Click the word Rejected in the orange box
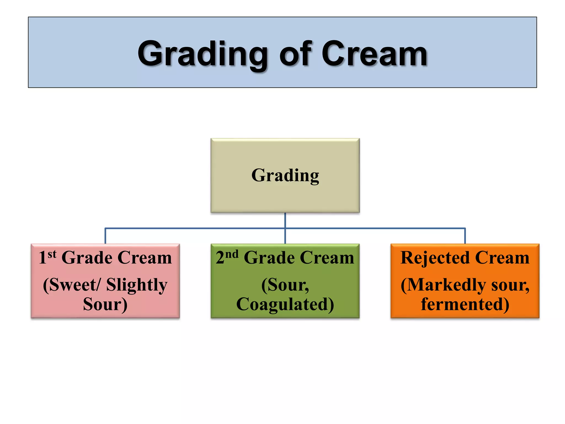pos(435,258)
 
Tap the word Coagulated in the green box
pos(285,304)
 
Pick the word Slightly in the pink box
pos(137,285)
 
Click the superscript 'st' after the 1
pos(52,254)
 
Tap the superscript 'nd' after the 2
pos(232,254)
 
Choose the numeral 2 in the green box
pos(220,258)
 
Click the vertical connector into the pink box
pos(105,236)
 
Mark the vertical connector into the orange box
pos(465,236)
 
